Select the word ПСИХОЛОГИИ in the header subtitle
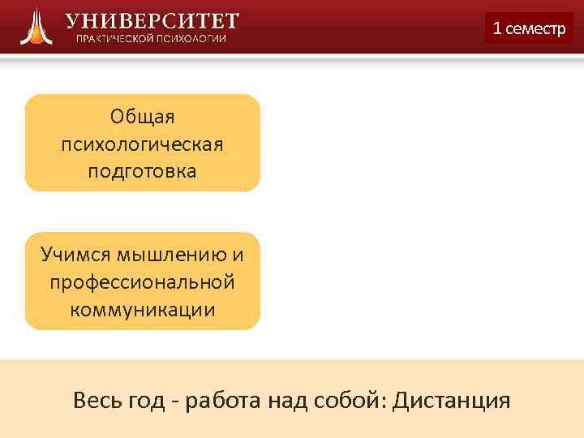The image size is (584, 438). pos(195,39)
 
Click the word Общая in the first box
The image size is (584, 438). pos(143,118)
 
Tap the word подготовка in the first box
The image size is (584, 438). pos(143,172)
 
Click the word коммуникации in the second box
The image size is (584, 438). pos(143,310)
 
